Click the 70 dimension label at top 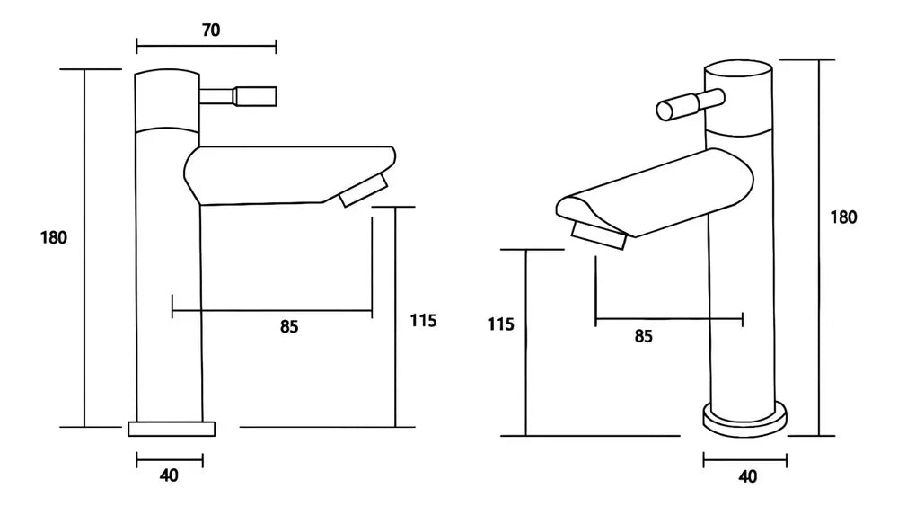211,31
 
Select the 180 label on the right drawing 844,217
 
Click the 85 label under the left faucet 288,327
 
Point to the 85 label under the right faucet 643,336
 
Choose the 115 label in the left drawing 423,320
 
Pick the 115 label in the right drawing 501,324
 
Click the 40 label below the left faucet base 169,476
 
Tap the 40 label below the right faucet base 747,476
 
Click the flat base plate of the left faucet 172,429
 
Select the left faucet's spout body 287,174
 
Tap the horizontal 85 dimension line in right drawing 669,318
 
